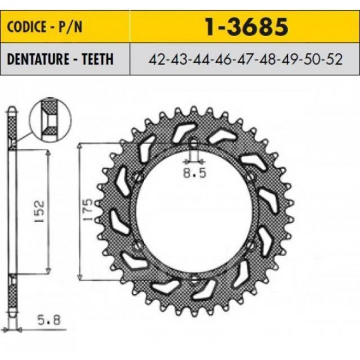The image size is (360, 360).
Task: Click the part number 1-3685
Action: [246, 27]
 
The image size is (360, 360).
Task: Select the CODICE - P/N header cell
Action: [65, 26]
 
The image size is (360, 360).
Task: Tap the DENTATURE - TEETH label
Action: [60, 59]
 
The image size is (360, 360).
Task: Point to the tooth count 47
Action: [245, 59]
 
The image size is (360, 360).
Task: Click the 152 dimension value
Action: [39, 211]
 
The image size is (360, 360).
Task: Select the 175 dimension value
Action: [88, 210]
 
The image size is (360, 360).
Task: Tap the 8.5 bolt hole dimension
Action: [195, 173]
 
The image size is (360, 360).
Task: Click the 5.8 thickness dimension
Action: [49, 320]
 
